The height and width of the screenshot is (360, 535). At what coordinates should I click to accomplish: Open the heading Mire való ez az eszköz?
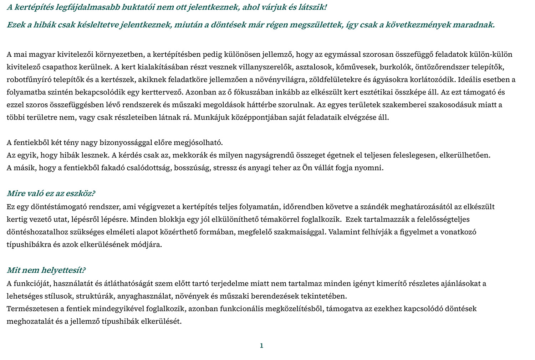point(51,194)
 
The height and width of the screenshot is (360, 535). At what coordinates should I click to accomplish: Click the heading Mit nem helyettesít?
point(46,270)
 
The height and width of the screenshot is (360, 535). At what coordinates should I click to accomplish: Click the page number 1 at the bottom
point(261,345)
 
